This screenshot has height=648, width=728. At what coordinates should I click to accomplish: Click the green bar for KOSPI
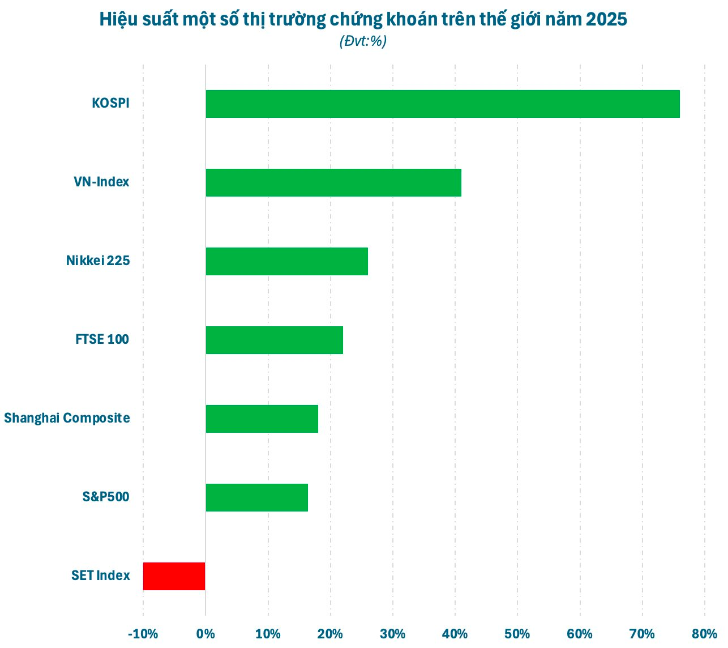click(x=442, y=104)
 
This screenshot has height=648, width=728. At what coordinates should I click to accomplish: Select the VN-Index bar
click(x=333, y=182)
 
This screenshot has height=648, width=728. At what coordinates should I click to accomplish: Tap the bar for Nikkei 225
click(x=286, y=261)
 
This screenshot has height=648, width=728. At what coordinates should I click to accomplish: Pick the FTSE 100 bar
click(x=274, y=340)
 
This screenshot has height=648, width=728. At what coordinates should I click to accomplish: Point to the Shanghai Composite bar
click(x=262, y=419)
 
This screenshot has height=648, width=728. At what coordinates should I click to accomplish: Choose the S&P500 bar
click(x=256, y=497)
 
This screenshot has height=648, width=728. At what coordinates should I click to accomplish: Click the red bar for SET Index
click(x=174, y=576)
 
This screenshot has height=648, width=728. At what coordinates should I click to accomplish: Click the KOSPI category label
click(x=110, y=104)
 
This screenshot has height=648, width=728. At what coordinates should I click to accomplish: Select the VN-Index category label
click(x=101, y=182)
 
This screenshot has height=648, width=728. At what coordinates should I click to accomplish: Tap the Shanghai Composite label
click(x=67, y=419)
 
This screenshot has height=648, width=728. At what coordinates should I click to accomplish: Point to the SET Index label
click(x=101, y=576)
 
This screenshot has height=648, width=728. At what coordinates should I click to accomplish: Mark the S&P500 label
click(x=106, y=497)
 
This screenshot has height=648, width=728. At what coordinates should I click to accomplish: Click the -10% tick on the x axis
click(x=143, y=634)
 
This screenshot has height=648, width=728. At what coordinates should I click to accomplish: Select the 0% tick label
click(x=205, y=634)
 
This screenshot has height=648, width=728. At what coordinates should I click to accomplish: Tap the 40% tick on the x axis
click(x=455, y=634)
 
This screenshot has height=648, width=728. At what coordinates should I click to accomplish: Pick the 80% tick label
click(x=705, y=634)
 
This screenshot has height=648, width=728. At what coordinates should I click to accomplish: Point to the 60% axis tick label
click(x=580, y=634)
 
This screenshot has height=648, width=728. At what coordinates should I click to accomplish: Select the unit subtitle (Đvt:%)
click(x=363, y=41)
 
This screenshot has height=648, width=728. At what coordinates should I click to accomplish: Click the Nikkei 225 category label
click(x=98, y=261)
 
